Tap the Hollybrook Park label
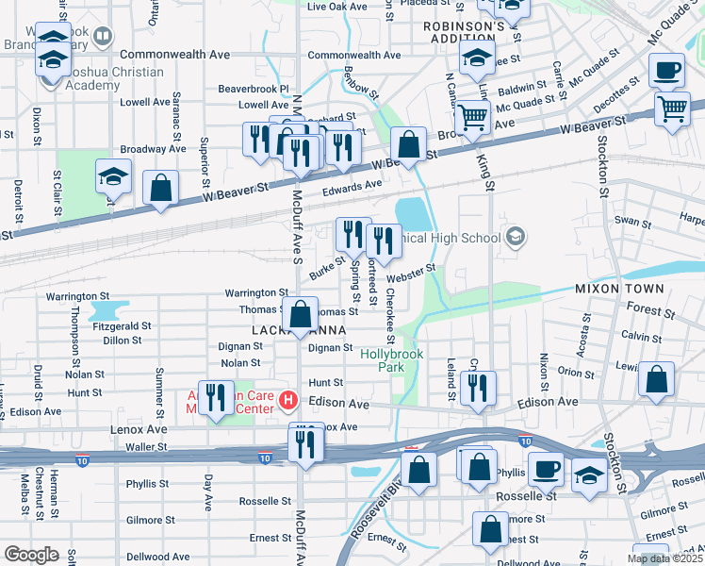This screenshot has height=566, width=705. [392, 361]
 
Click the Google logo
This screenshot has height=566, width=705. [32, 555]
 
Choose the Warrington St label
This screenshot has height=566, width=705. [255, 293]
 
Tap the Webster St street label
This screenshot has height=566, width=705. [412, 273]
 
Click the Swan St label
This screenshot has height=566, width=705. [632, 224]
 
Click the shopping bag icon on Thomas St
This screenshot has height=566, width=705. [301, 315]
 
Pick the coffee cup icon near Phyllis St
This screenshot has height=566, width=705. [546, 468]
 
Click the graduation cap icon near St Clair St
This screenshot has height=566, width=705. [113, 178]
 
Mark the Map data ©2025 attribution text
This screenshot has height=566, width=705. [664, 558]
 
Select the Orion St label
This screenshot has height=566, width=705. [575, 372]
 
